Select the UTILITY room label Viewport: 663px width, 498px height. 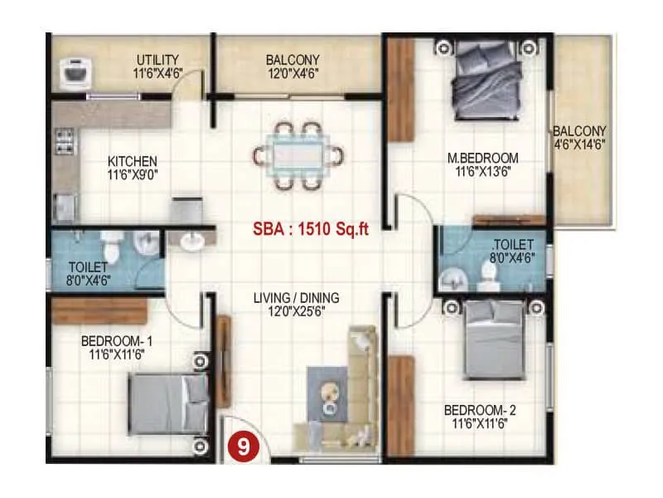click(x=157, y=60)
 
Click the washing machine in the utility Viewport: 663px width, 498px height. click(x=79, y=71)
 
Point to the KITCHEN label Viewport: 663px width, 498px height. click(x=133, y=161)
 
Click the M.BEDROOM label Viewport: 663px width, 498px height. click(x=482, y=158)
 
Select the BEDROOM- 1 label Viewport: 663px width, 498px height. click(x=116, y=340)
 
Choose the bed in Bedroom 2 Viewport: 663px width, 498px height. click(x=494, y=339)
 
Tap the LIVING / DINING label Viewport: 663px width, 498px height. click(x=296, y=298)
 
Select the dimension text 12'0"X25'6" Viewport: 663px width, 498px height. click(x=296, y=311)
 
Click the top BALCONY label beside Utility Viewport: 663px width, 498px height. click(x=293, y=60)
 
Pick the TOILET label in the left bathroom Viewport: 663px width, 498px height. click(x=89, y=266)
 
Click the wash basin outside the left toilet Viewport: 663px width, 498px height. click(x=193, y=241)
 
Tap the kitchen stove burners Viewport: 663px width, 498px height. click(x=62, y=142)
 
